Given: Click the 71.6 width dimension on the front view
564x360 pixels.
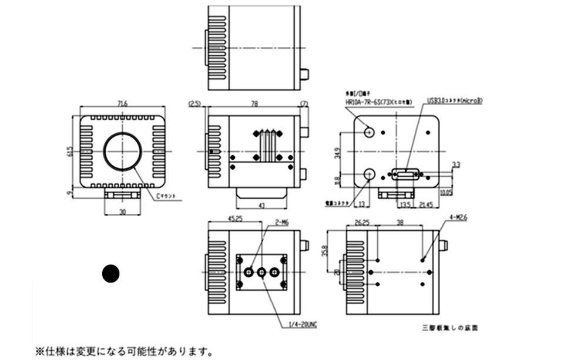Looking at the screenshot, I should click(x=123, y=105).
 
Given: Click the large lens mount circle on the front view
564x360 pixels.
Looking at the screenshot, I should click(x=123, y=151).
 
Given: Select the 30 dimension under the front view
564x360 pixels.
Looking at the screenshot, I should click(x=122, y=212).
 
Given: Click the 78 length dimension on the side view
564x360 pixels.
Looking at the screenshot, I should click(x=254, y=105).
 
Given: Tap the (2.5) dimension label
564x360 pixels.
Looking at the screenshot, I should click(x=194, y=105).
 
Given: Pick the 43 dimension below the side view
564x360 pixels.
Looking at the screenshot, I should click(x=261, y=204).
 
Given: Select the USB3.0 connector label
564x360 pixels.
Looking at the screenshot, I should click(x=455, y=100).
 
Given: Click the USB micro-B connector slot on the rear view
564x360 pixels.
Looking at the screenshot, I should click(x=405, y=174).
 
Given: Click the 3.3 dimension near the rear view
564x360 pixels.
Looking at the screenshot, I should click(x=456, y=164).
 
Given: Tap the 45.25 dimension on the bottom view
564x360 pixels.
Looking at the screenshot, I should click(x=220, y=221).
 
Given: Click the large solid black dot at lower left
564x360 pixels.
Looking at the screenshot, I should click(x=110, y=274).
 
